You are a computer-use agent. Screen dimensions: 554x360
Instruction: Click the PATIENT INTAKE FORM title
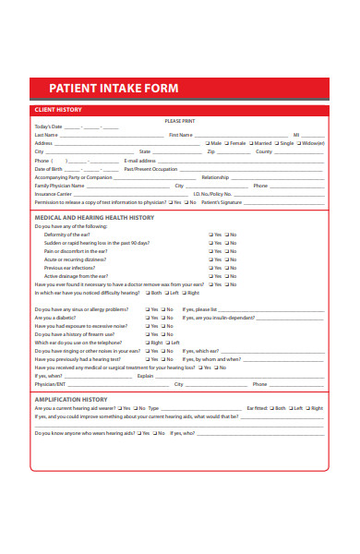113,88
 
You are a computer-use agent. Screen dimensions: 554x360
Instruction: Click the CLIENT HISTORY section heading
57,109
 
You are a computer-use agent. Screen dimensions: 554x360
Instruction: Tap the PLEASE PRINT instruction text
180,121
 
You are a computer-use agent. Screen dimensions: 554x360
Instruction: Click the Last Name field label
46,135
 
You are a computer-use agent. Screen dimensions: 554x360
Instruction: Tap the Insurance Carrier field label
53,194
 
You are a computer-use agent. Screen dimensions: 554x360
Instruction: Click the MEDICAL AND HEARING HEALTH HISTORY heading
107,217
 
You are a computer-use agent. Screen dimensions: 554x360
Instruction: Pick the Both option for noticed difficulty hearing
148,293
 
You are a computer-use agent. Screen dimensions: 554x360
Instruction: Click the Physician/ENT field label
50,384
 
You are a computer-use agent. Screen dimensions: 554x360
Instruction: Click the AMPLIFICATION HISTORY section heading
71,399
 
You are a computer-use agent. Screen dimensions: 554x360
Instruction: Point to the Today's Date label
48,126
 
